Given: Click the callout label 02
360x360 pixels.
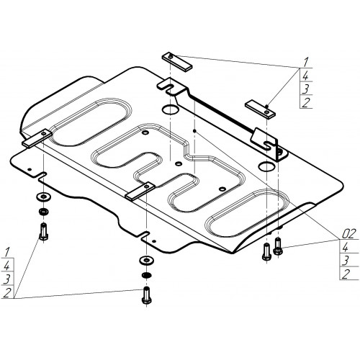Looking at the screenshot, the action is click(x=348, y=234).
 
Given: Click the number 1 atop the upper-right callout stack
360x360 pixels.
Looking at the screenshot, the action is click(x=305, y=63).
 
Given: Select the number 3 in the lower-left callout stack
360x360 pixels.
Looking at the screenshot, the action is click(x=7, y=279).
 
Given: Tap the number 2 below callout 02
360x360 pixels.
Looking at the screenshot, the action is click(x=346, y=274).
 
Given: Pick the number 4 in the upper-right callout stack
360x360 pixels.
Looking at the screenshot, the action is click(x=305, y=76).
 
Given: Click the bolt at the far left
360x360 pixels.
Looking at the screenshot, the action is click(x=43, y=232).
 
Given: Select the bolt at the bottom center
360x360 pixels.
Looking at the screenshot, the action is click(x=146, y=296).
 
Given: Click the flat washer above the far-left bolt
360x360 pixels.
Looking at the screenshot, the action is click(x=43, y=197).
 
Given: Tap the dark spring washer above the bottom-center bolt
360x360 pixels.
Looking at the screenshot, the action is click(x=146, y=275).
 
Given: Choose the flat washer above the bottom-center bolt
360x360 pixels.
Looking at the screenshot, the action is click(x=146, y=260).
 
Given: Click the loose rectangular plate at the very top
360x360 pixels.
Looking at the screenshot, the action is click(x=177, y=62).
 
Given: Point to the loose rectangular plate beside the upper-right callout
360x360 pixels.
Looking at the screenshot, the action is click(x=260, y=109).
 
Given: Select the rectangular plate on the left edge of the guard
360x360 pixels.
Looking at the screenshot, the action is click(x=37, y=138).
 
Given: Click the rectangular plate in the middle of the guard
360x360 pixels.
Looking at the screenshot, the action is click(x=140, y=192).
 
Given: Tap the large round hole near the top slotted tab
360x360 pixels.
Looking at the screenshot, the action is click(x=171, y=109).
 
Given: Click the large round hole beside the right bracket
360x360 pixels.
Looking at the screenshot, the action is click(x=267, y=166).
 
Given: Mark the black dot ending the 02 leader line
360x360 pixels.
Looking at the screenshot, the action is click(x=195, y=131).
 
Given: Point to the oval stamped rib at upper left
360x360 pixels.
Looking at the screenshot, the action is click(x=92, y=122).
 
